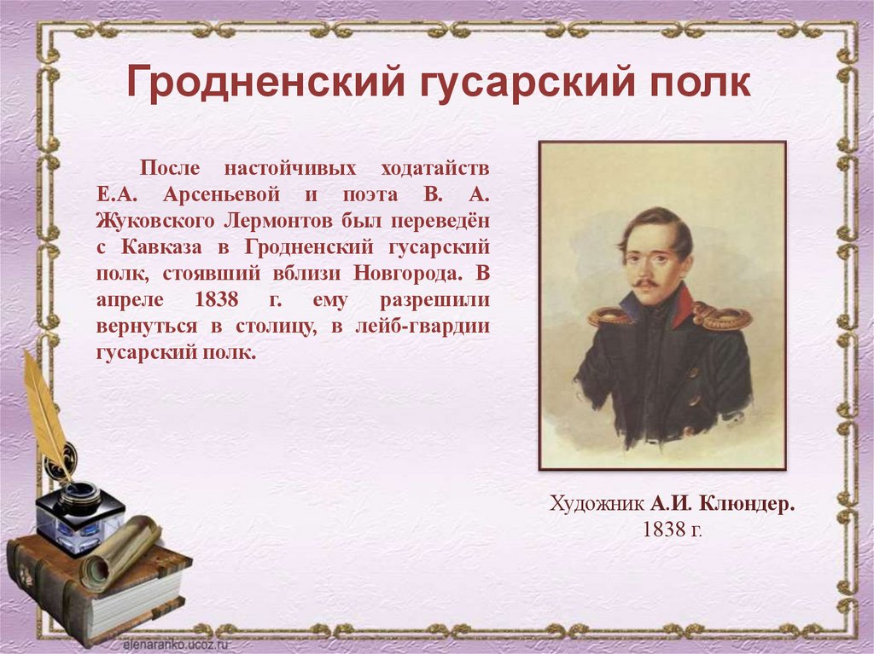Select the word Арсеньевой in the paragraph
(199, 194)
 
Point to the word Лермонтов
(278, 220)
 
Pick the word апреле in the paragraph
(125, 300)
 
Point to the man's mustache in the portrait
(644, 282)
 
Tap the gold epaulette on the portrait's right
(722, 317)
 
